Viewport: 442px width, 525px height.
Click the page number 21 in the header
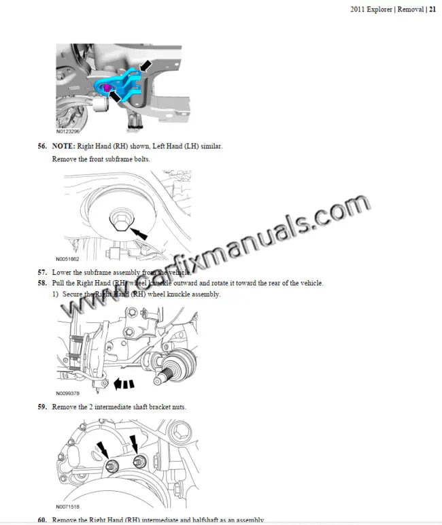[432, 10]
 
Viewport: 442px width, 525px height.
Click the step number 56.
[42, 146]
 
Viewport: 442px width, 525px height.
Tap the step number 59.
[42, 407]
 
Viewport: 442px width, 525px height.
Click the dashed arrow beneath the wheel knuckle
[122, 384]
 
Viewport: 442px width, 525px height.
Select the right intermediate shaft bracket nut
[139, 462]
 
